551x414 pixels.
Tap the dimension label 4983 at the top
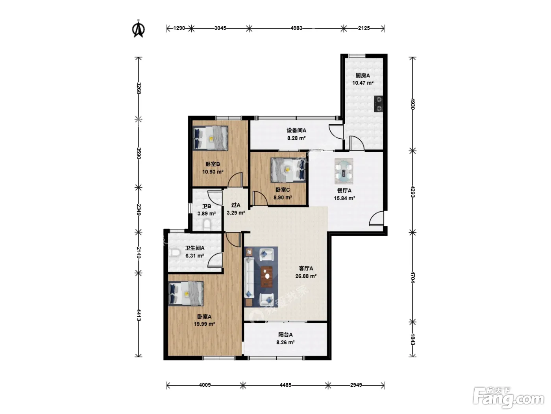(296, 28)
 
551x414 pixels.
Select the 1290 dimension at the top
(179, 28)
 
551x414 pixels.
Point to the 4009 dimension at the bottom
(205, 385)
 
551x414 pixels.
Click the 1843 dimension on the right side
(413, 339)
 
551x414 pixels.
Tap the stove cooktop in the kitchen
(378, 104)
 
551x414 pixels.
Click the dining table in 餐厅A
(344, 171)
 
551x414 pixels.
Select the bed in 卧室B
(210, 138)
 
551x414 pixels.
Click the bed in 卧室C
(288, 170)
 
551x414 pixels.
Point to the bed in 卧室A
(186, 293)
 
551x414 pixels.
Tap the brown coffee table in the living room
(266, 276)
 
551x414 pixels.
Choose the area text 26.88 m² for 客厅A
(306, 276)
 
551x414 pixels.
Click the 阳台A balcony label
(285, 335)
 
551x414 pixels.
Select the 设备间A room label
(296, 130)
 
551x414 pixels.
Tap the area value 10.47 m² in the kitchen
(363, 83)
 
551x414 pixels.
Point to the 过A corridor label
(236, 205)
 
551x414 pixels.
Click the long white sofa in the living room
(249, 278)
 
